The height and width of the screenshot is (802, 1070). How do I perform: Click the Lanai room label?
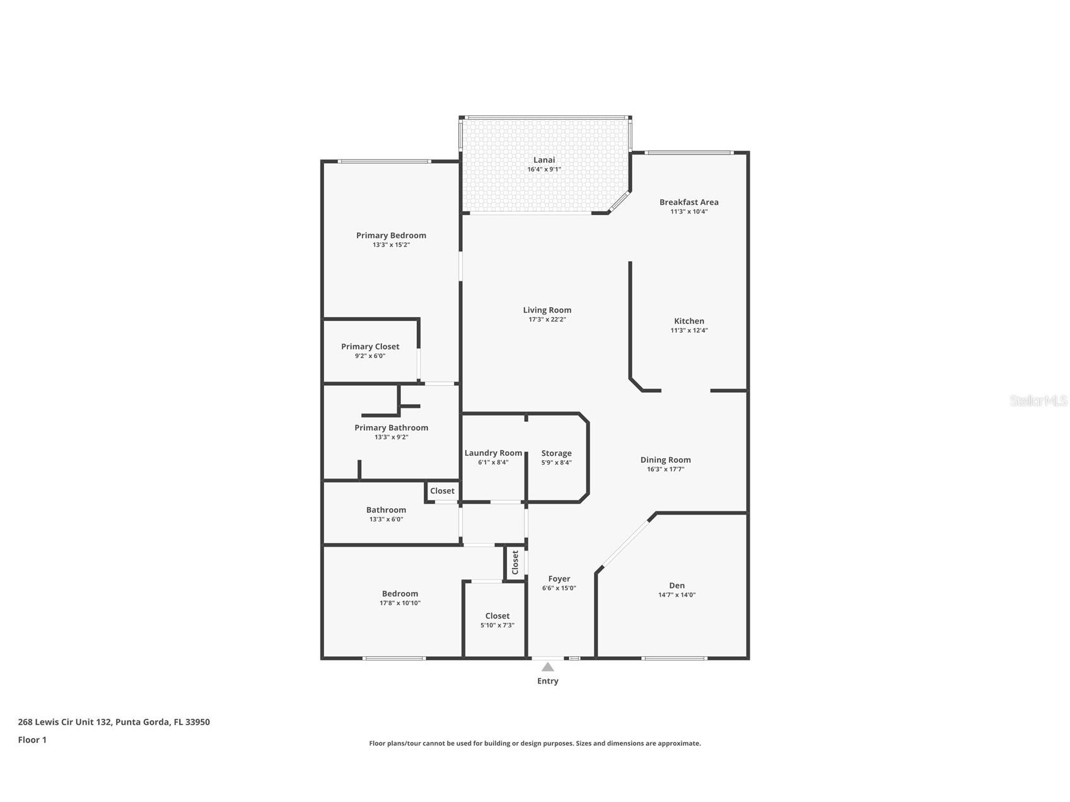pos(544,160)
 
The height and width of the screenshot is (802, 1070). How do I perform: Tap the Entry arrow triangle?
pos(548,667)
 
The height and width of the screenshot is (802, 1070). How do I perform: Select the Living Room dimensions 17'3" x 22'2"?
pos(547,320)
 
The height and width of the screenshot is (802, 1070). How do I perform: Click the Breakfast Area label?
pos(689,202)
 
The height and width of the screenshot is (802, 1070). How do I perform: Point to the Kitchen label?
pos(689,321)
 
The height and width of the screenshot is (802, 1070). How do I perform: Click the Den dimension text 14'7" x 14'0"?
pos(677,595)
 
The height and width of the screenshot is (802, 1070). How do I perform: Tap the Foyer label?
pos(559,579)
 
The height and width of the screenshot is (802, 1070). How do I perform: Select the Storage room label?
pos(556,453)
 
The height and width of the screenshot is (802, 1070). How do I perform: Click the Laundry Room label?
pos(493,453)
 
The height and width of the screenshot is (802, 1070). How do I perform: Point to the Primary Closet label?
pos(370,347)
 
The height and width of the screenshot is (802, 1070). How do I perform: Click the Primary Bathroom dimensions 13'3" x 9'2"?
pos(391,437)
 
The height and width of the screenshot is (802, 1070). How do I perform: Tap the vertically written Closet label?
pos(515,562)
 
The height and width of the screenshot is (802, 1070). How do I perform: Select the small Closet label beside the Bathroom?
pos(442,491)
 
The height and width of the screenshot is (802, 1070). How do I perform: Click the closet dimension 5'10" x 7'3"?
pos(497,625)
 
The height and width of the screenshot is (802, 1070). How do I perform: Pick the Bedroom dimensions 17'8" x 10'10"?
pos(400,603)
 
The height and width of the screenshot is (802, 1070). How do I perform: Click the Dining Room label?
pos(665,460)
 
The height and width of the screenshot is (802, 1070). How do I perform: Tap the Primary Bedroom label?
pos(391,236)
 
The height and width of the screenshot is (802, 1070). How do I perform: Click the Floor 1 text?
pos(32,740)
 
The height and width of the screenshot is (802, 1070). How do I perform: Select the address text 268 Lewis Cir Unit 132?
pos(65,722)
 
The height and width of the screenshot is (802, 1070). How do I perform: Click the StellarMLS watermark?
pos(1038,400)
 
